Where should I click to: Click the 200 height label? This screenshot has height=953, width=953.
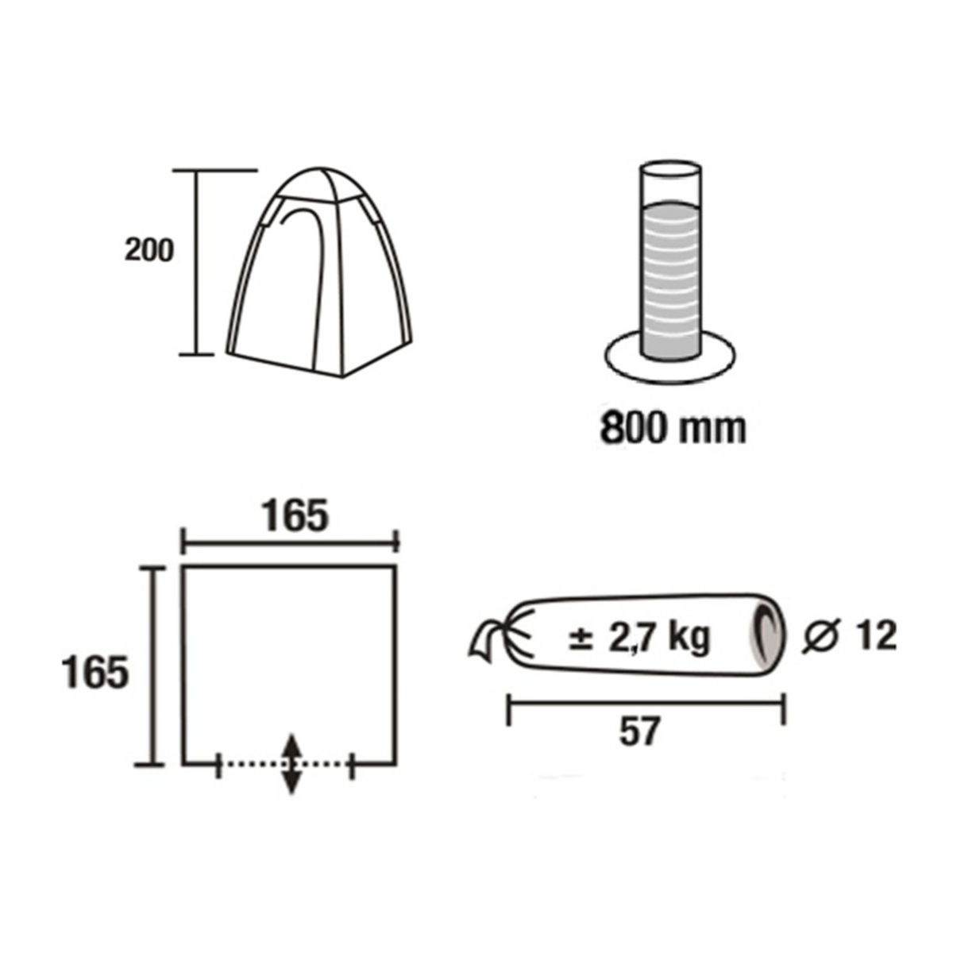149,250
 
